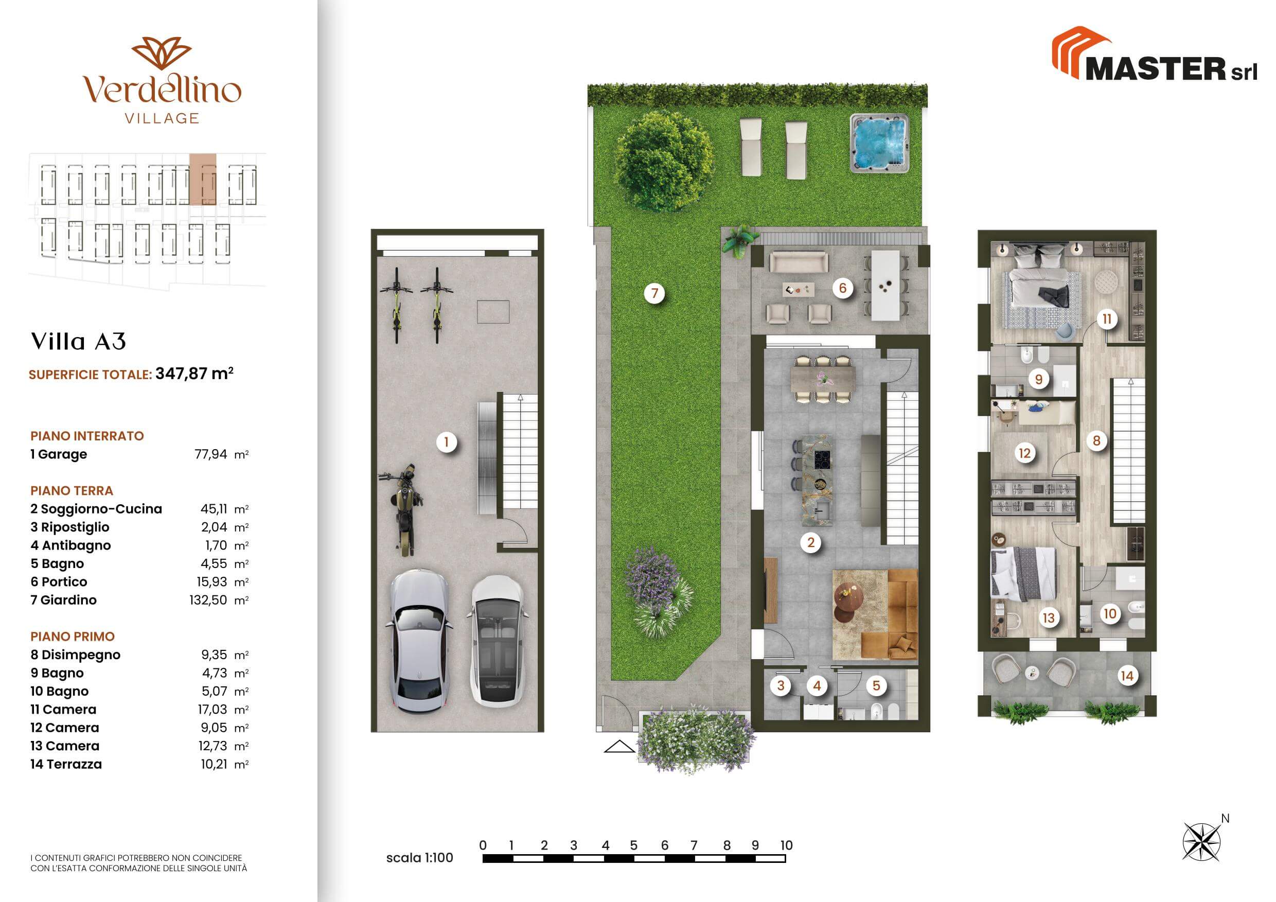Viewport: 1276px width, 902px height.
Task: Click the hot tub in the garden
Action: [879, 143]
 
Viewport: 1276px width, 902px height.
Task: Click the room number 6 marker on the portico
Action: [842, 288]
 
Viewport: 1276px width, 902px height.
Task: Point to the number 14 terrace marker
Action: [1126, 676]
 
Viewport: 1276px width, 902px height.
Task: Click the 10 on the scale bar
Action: [786, 845]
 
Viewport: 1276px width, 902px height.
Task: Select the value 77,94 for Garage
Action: [210, 454]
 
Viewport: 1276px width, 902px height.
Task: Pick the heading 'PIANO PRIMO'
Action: [72, 636]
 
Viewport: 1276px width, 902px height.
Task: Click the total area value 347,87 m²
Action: [194, 373]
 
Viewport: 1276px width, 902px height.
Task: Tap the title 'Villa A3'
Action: [78, 341]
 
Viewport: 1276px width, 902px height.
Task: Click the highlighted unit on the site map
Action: [202, 179]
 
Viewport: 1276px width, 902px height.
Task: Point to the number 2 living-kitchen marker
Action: [811, 542]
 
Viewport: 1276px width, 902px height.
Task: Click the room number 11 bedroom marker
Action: [1107, 319]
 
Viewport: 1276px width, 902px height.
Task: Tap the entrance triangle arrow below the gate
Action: [619, 747]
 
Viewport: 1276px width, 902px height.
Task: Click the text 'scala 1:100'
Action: [420, 858]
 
